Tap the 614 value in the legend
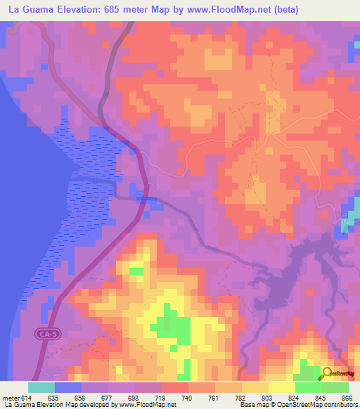click(x=25, y=397)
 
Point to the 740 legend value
click(x=186, y=397)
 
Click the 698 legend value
click(x=133, y=397)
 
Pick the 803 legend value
click(x=267, y=397)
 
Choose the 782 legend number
click(x=240, y=397)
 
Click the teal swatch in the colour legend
click(x=41, y=387)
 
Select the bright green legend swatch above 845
click(x=308, y=387)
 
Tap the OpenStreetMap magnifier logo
click(x=328, y=373)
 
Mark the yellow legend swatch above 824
click(x=281, y=387)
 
